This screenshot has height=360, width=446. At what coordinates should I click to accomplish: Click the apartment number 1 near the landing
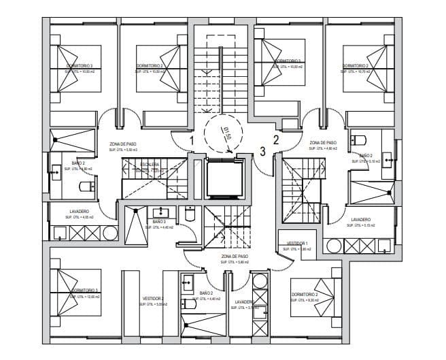[192, 141]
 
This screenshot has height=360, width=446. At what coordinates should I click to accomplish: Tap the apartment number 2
[276, 140]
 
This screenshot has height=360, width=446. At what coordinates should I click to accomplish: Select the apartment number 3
[263, 151]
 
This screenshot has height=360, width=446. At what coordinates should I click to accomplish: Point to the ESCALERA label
[150, 165]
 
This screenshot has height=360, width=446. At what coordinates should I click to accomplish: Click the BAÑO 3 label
[159, 222]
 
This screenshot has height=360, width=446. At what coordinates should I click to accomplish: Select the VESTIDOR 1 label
[297, 243]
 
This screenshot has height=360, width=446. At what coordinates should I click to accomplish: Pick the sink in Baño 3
[163, 211]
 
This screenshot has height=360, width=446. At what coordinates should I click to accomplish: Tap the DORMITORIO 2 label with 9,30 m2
[304, 295]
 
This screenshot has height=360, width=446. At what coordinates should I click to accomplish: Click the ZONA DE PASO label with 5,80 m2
[235, 257]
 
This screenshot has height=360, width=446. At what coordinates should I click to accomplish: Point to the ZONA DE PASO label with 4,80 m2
[323, 143]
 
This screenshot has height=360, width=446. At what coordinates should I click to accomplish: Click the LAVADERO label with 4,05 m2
[79, 212]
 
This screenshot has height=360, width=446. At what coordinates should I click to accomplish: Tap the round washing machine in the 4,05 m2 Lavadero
[109, 233]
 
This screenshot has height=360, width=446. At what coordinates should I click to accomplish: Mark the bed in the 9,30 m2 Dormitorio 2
[323, 293]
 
